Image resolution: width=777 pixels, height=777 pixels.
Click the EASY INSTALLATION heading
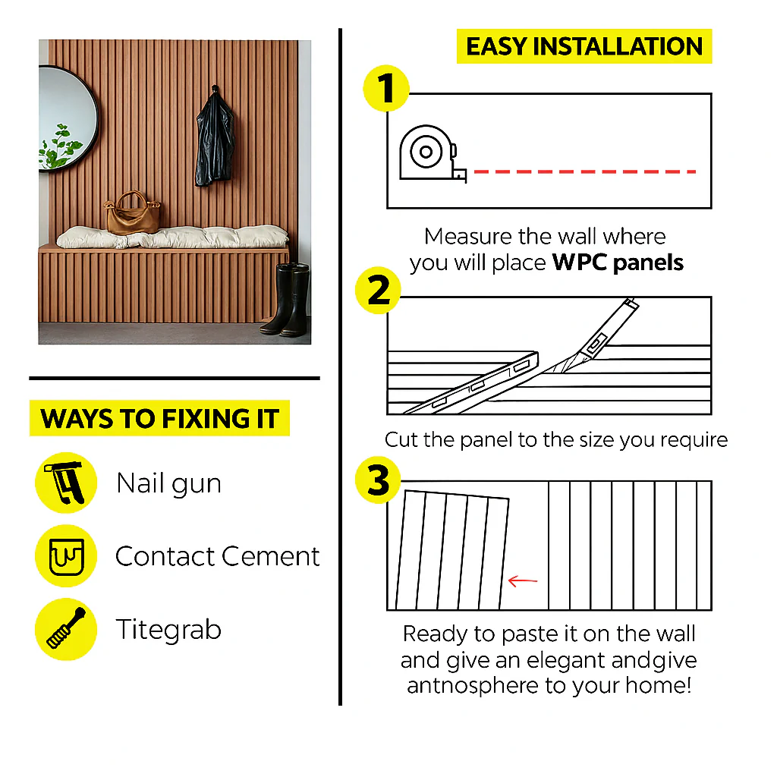584,46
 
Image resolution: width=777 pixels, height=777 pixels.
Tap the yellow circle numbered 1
386,88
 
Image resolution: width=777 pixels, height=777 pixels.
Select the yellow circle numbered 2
378,291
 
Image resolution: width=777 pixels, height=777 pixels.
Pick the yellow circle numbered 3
378,480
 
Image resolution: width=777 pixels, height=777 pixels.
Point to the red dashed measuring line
585,171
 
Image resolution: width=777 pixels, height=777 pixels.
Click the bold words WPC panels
618,263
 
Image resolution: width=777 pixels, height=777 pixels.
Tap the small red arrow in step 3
523,580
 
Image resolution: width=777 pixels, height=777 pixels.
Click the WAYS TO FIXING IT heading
159,418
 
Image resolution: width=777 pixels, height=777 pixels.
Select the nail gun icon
66,483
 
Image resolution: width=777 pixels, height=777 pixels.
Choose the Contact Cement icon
66,556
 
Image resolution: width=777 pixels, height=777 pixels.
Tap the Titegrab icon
66,629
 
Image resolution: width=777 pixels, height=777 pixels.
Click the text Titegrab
168,630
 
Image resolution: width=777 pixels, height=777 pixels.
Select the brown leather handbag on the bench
133,213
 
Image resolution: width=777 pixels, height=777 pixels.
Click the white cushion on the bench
172,237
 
